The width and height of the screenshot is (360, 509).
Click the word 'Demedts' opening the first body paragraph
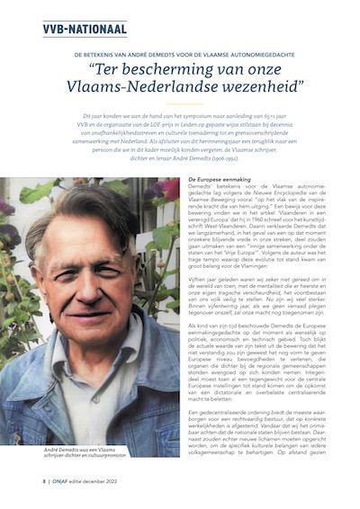tap(202, 189)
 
